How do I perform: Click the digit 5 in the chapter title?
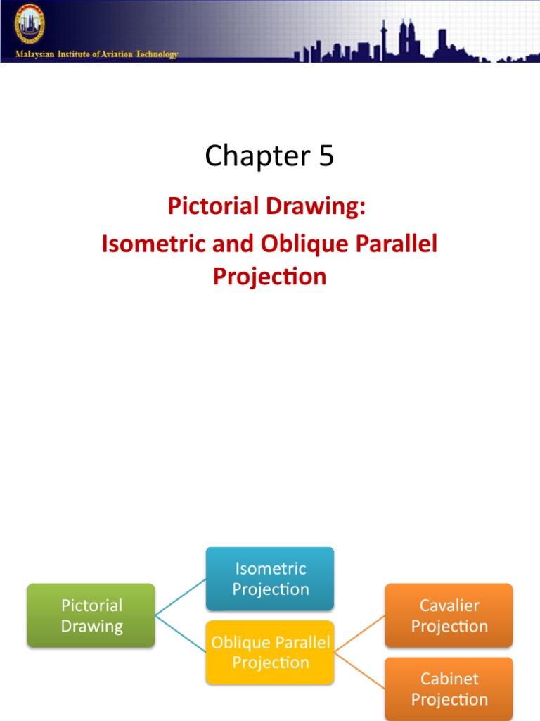click(x=326, y=156)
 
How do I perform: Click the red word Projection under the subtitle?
click(x=269, y=276)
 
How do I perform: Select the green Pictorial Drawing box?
click(x=91, y=615)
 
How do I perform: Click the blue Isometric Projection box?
click(x=270, y=578)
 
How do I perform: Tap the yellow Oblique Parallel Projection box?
click(x=270, y=653)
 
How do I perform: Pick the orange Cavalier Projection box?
click(x=449, y=615)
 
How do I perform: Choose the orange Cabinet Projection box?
click(x=449, y=689)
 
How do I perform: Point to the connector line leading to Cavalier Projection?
click(x=359, y=634)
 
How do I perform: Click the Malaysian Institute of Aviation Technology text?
click(x=98, y=54)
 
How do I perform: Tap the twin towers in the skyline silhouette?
click(x=406, y=39)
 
